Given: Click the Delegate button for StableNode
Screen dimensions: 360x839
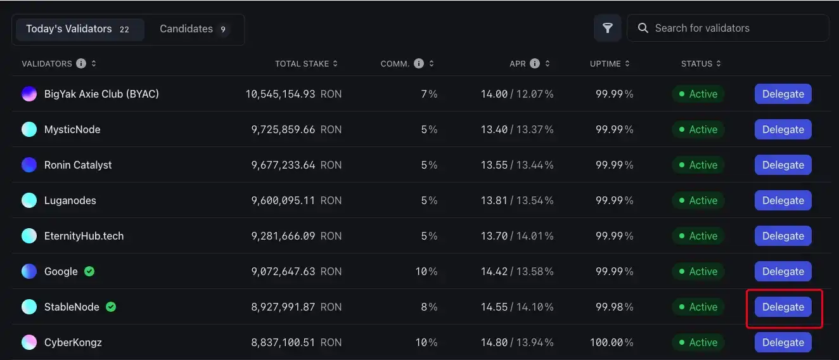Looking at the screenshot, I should pyautogui.click(x=783, y=307).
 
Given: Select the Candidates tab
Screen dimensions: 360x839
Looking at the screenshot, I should pyautogui.click(x=193, y=29).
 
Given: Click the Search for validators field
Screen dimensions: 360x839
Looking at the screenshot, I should pyautogui.click(x=735, y=28).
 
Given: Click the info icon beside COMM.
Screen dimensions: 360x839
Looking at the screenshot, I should pyautogui.click(x=419, y=63).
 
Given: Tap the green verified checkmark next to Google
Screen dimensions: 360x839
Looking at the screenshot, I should pyautogui.click(x=89, y=271).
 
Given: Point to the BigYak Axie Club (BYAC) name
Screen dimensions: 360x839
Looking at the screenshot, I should pyautogui.click(x=101, y=94).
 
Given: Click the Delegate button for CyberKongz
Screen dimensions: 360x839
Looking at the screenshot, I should pyautogui.click(x=783, y=342).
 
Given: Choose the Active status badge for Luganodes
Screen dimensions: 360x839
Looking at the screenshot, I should pyautogui.click(x=698, y=200).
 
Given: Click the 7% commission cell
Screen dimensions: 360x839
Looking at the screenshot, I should pyautogui.click(x=430, y=94).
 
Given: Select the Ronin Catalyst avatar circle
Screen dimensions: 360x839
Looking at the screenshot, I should pyautogui.click(x=29, y=165).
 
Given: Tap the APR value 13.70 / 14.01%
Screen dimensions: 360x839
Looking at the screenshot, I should pyautogui.click(x=517, y=236).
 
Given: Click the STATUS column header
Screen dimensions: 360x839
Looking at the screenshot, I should pyautogui.click(x=697, y=63).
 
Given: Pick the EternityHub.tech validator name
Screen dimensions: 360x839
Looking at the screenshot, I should pyautogui.click(x=84, y=236).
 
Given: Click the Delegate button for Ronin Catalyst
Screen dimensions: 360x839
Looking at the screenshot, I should pyautogui.click(x=783, y=165).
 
